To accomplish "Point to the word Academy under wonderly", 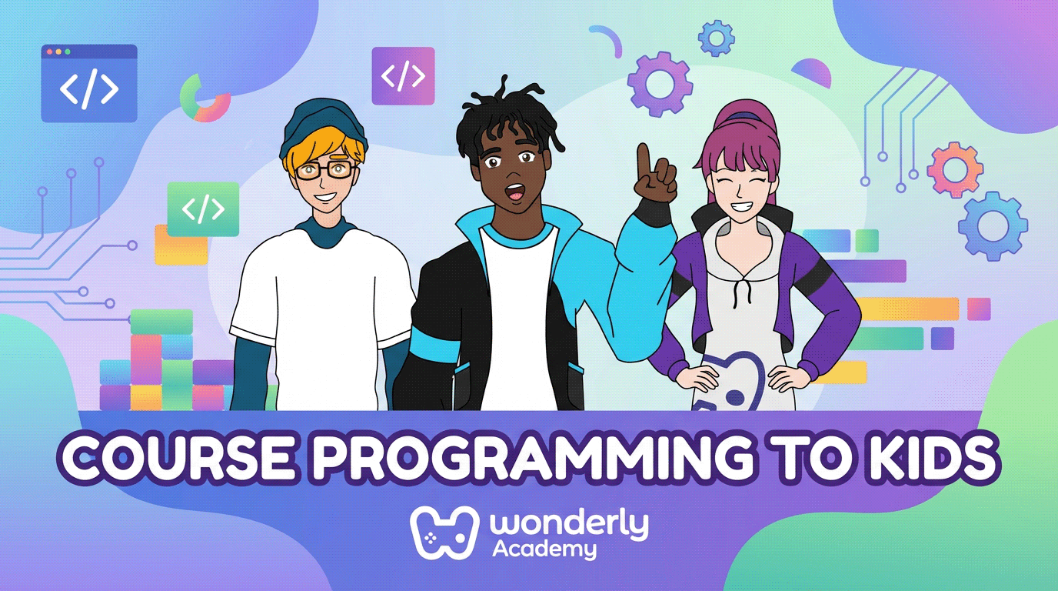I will click(x=544, y=549).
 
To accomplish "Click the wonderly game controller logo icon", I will click(x=438, y=532).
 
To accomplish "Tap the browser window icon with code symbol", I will click(x=89, y=84).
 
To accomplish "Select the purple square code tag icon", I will click(x=403, y=76).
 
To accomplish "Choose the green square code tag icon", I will click(x=203, y=209).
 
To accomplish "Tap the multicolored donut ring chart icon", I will click(x=205, y=98).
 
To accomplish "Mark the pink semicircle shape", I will click(x=812, y=74).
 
